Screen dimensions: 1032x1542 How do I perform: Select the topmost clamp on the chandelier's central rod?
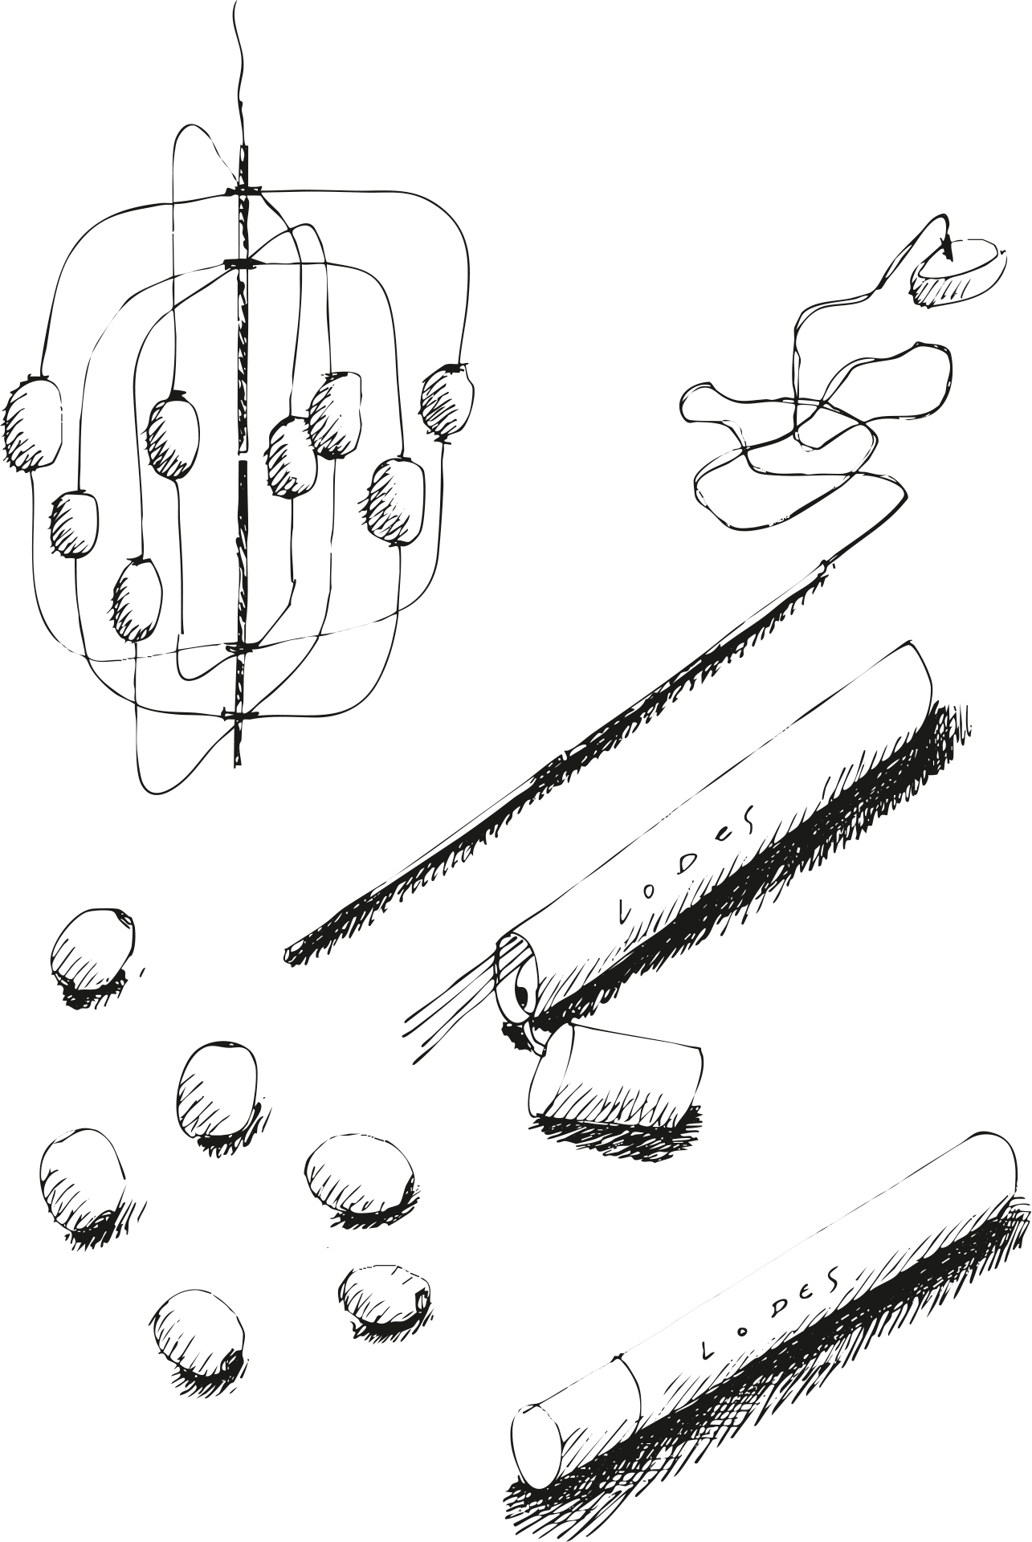(243, 191)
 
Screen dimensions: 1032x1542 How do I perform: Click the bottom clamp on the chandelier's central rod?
(239, 714)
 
